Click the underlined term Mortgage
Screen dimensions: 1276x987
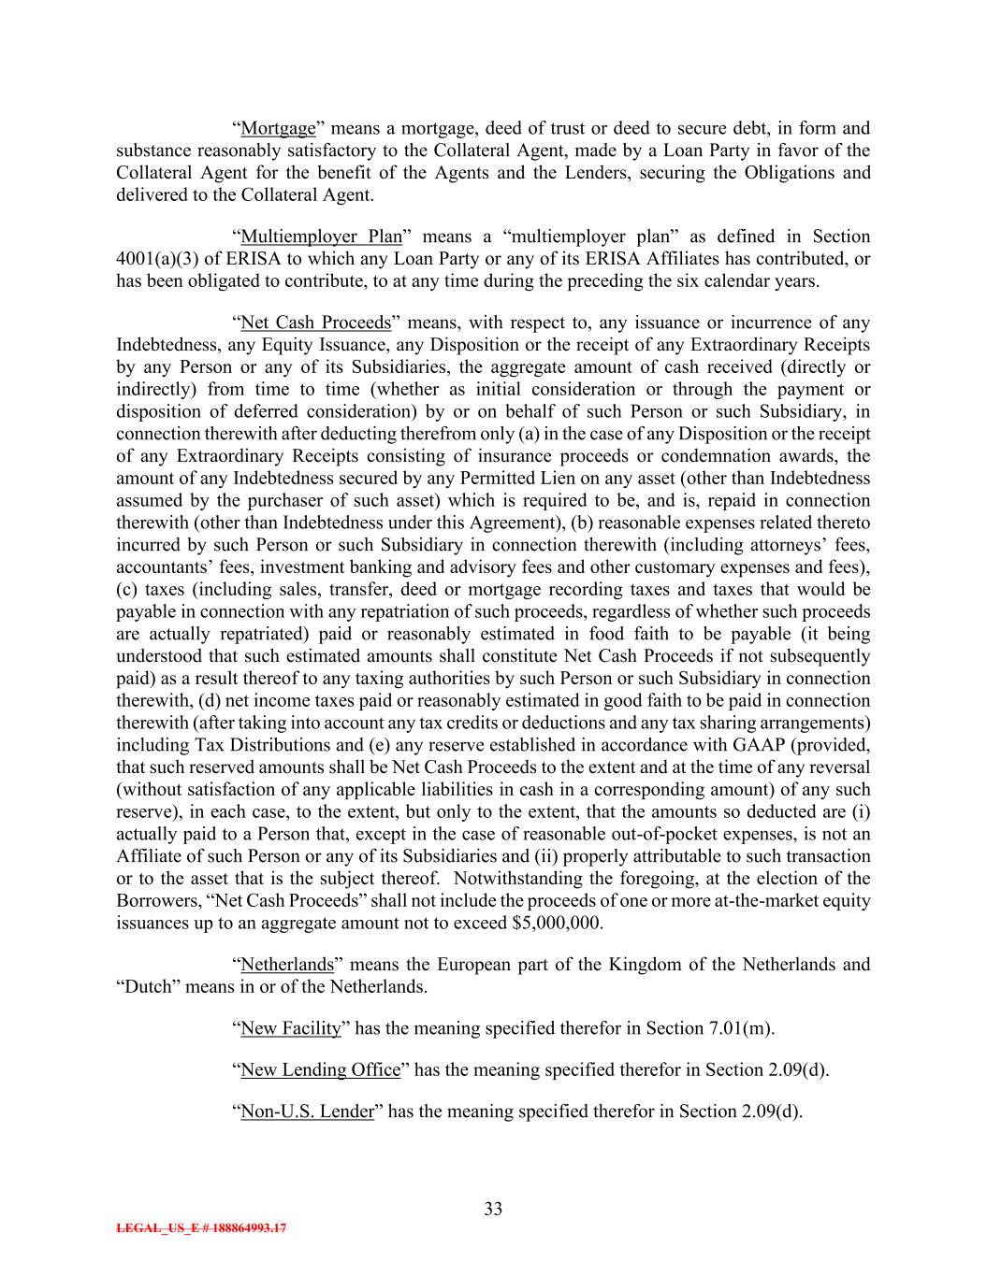point(278,128)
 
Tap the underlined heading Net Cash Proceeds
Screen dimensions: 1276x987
point(315,323)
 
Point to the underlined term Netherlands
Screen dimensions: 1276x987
point(286,964)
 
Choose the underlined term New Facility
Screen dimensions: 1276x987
point(290,1028)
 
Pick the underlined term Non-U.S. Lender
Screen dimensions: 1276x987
point(307,1111)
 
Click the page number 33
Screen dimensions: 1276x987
point(493,1209)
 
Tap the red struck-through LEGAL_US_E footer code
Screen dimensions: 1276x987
point(201,1228)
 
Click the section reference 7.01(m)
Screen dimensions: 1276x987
point(740,1028)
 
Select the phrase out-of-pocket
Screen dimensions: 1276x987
point(633,834)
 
